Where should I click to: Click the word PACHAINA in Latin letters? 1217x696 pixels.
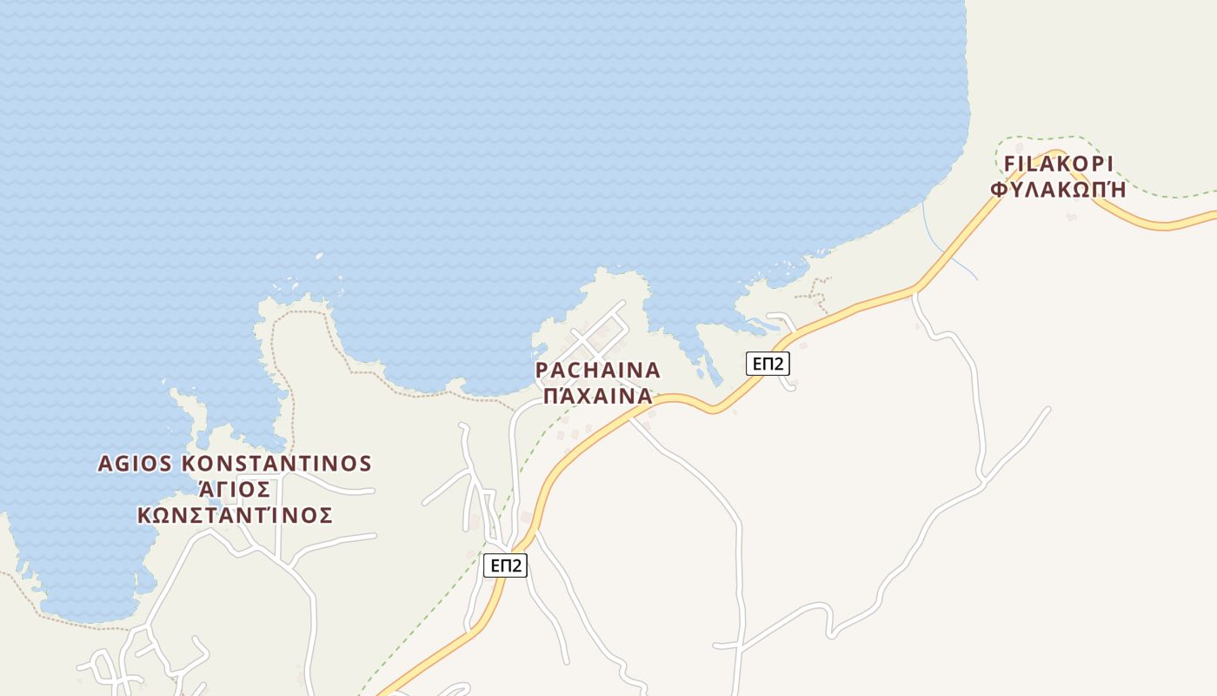point(597,371)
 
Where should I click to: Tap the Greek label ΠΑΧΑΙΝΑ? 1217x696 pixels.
point(597,397)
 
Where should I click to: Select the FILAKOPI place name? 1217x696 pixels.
point(1058,164)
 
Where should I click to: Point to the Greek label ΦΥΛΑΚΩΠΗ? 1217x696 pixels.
point(1058,190)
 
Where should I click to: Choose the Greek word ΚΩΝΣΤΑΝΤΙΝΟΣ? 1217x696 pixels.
point(235,515)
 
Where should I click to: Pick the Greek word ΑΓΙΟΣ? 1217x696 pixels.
point(235,489)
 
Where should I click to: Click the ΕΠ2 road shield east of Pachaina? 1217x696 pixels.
point(768,364)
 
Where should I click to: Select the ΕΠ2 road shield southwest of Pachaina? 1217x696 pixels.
point(505,565)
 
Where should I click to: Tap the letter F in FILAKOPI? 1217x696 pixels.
point(1010,164)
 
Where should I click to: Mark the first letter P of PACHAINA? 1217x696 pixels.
point(542,371)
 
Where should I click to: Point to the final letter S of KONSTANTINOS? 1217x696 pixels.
point(365,464)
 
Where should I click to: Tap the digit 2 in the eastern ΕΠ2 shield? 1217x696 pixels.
point(781,364)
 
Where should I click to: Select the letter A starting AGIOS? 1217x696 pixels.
point(105,464)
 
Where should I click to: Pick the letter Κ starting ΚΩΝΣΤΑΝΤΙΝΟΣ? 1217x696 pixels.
point(144,515)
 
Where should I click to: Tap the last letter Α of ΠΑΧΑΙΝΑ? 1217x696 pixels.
point(644,397)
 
